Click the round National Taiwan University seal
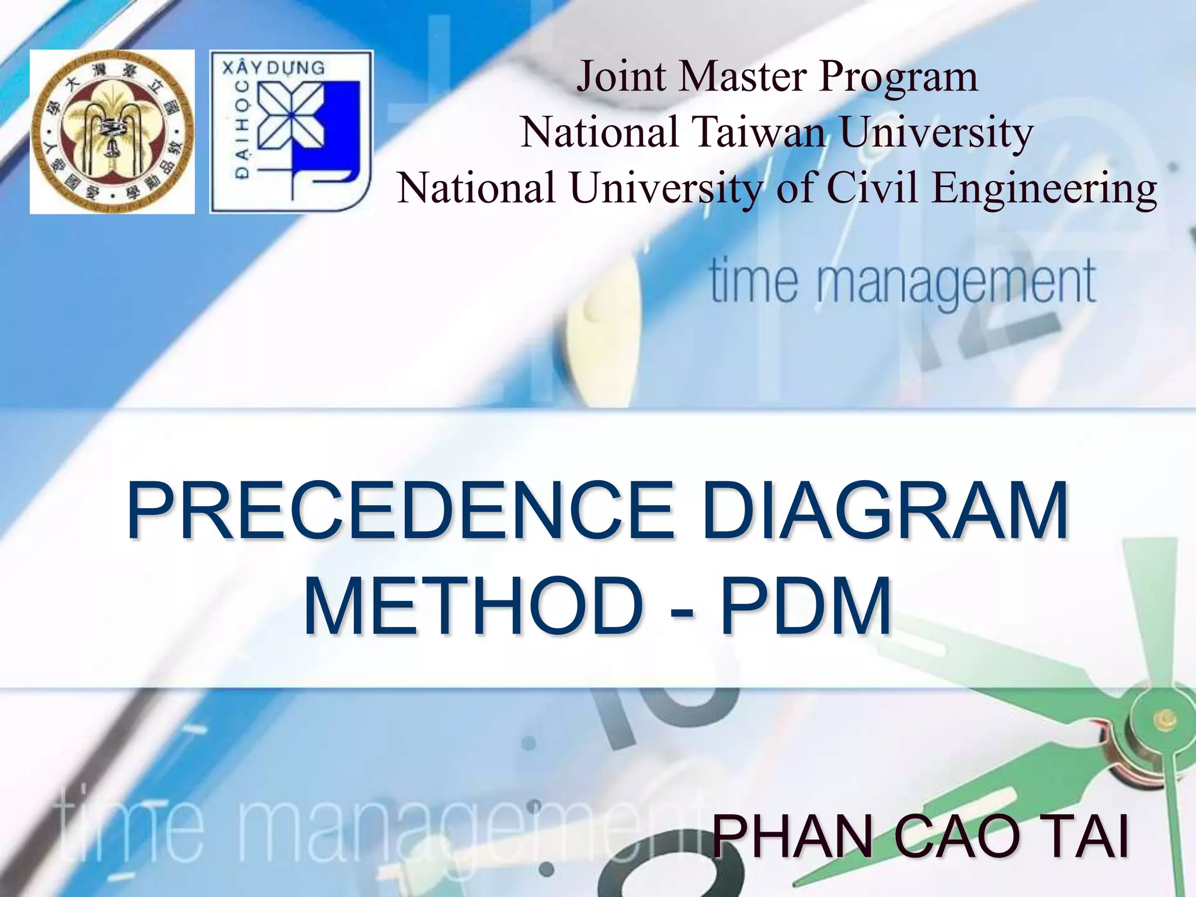coord(112,132)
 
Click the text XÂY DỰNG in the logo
coord(273,67)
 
